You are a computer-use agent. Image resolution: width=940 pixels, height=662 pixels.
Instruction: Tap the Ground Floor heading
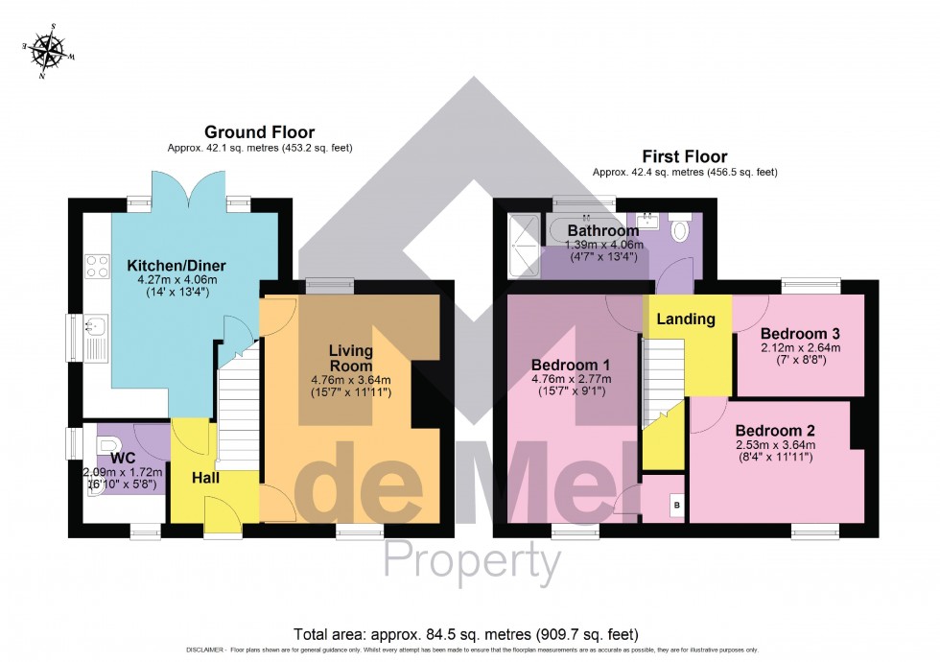pyautogui.click(x=259, y=132)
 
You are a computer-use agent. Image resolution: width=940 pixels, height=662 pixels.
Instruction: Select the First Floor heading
pyautogui.click(x=685, y=156)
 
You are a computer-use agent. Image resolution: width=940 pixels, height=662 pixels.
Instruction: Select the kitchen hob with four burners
pyautogui.click(x=98, y=265)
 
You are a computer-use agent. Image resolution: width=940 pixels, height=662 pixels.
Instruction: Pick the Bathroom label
pyautogui.click(x=602, y=231)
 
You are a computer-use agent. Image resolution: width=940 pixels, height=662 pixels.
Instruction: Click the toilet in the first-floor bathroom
pyautogui.click(x=680, y=230)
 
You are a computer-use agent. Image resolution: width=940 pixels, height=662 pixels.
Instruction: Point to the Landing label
pyautogui.click(x=686, y=319)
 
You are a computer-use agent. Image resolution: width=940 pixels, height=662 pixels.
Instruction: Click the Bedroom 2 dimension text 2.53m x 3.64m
pyautogui.click(x=774, y=445)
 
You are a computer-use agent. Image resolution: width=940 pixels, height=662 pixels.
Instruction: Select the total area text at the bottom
pyautogui.click(x=464, y=634)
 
